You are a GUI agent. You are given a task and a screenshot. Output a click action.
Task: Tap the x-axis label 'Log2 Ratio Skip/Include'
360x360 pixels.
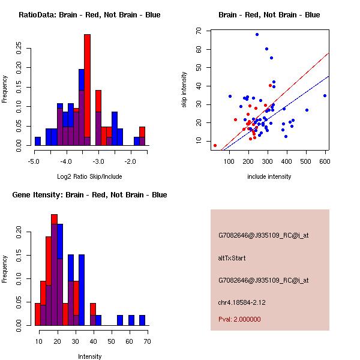click(89, 176)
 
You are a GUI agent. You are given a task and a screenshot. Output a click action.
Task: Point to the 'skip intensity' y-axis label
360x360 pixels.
click(184, 90)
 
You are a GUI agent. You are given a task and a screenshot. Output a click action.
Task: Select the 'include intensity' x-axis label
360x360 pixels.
click(269, 176)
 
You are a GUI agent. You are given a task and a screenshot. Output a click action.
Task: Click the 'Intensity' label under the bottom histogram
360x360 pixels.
click(89, 356)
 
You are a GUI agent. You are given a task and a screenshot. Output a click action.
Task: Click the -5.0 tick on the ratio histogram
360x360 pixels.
click(34, 161)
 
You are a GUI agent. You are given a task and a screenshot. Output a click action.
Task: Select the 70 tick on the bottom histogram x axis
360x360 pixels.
click(146, 341)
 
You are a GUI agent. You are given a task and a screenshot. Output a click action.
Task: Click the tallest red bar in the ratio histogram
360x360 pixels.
click(87, 90)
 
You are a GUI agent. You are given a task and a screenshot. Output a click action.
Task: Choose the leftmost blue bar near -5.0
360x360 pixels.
click(38, 142)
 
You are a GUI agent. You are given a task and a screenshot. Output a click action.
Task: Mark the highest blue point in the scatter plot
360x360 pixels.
click(257, 34)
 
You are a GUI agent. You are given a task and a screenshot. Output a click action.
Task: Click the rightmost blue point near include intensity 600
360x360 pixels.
click(325, 95)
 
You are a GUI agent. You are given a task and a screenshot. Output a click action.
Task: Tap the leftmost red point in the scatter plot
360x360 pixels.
click(215, 145)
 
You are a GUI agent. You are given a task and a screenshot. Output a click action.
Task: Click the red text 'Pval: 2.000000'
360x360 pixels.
click(239, 319)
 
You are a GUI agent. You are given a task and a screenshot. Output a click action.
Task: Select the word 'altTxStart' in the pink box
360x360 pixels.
click(232, 258)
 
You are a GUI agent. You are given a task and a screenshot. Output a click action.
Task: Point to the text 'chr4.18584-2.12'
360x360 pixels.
click(242, 302)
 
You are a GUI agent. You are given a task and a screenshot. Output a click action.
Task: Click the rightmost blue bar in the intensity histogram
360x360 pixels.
click(142, 320)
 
